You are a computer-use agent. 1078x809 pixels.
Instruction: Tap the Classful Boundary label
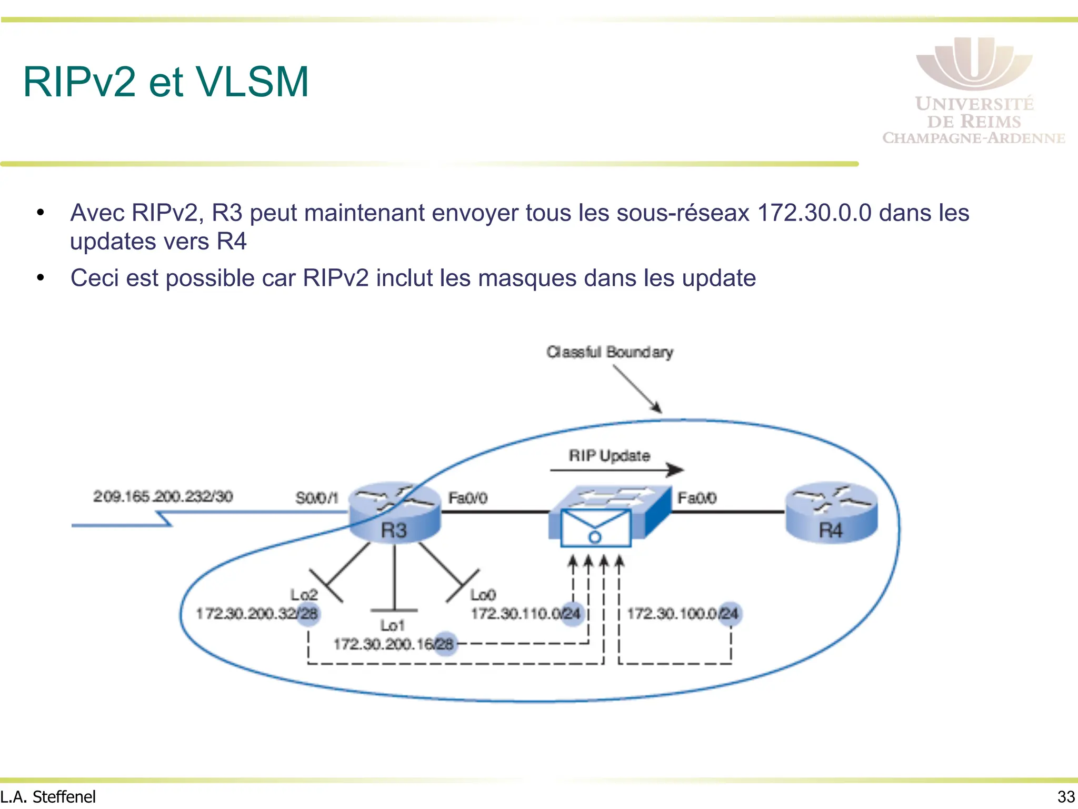610,352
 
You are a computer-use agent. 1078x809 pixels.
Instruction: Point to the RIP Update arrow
616,469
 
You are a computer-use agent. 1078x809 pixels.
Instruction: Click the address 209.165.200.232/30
163,496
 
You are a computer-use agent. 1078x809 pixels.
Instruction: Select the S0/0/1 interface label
316,498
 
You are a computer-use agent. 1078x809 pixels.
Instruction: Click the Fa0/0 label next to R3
467,498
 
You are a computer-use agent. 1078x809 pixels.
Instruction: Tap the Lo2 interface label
304,595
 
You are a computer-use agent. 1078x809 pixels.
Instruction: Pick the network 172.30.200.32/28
257,614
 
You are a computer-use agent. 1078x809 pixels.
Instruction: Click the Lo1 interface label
393,625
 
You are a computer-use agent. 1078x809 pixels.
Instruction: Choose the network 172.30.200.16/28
393,644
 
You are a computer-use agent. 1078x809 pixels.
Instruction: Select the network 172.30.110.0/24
525,614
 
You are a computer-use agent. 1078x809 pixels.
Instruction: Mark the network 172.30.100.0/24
682,614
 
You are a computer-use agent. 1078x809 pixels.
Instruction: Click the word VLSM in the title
252,82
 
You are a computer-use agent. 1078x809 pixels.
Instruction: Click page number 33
1066,796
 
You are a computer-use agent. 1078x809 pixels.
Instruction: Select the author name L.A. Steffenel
48,796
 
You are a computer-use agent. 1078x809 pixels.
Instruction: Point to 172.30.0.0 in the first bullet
814,213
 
